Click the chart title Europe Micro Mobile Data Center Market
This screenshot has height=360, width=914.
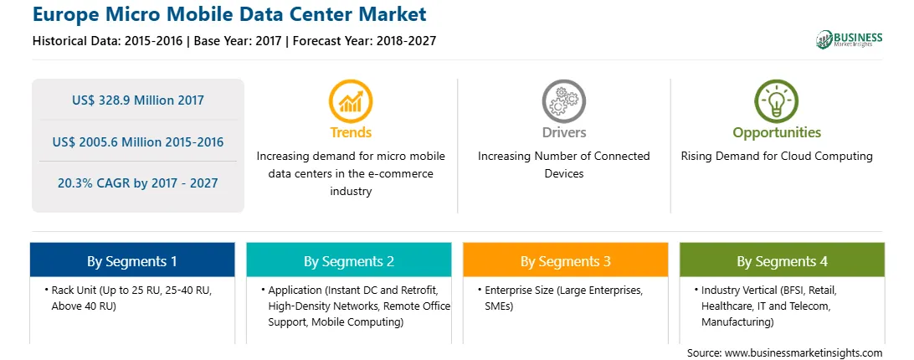click(x=229, y=14)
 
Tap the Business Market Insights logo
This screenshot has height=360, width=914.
click(x=849, y=39)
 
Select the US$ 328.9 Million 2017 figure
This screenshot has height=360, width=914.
click(x=138, y=100)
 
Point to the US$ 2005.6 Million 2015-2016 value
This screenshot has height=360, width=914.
click(x=138, y=141)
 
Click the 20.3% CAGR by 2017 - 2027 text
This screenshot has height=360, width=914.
click(x=138, y=183)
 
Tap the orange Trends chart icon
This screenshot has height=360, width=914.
click(x=351, y=101)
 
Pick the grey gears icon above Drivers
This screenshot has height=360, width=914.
click(x=563, y=101)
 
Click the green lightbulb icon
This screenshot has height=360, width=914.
click(x=777, y=101)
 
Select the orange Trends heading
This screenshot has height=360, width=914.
click(x=351, y=132)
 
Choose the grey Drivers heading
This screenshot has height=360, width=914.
click(x=563, y=132)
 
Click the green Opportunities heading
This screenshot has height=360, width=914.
click(x=777, y=133)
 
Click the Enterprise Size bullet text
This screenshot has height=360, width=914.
click(x=560, y=297)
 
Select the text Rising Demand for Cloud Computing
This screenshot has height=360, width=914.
click(x=777, y=157)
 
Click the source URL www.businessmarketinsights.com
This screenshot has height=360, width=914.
click(x=804, y=352)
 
